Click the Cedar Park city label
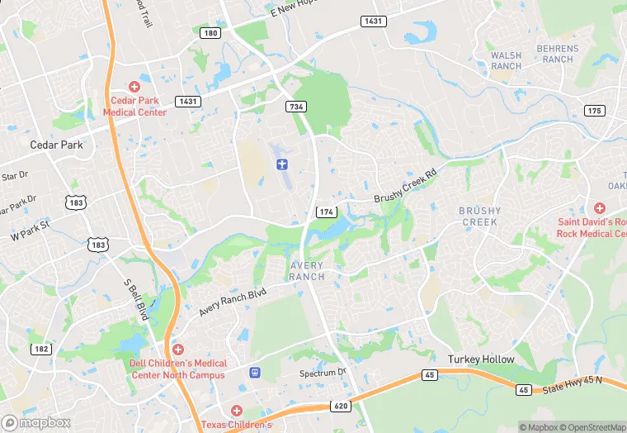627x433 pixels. pos(56,145)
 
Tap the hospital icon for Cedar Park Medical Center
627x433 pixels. pos(134,87)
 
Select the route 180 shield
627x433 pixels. pos(210,33)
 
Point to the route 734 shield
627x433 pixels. pos(296,107)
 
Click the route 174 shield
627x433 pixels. pos(326,212)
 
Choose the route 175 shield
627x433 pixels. pos(594,111)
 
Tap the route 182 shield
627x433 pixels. pos(41,350)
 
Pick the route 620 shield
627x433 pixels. pos(342,406)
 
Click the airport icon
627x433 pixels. pos(283,164)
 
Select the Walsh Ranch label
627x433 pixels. pos(506,61)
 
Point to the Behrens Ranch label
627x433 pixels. pos(558,55)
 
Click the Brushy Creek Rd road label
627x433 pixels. pos(404,187)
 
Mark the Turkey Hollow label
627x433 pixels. pos(481,359)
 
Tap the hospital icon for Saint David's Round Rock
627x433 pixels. pos(599,208)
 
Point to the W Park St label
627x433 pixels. pos(31,230)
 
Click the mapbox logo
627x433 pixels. pos(36,423)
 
